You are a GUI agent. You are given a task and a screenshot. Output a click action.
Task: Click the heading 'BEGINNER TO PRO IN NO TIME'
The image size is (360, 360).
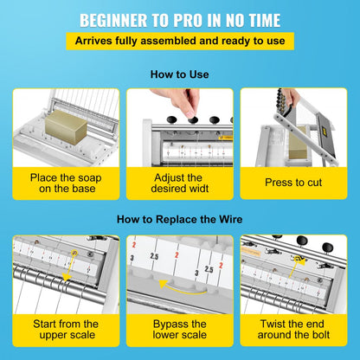tap(180, 21)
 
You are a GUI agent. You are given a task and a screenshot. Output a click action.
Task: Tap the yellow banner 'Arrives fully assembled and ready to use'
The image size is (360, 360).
tap(180, 41)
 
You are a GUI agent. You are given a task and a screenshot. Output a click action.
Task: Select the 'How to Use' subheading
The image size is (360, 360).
tap(179, 74)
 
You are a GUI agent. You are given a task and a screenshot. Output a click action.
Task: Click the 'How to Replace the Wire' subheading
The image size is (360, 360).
tap(179, 219)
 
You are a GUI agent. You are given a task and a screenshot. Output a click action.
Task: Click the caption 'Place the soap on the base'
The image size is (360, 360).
tap(66, 183)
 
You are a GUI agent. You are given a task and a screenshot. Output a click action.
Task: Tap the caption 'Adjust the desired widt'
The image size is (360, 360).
tap(179, 183)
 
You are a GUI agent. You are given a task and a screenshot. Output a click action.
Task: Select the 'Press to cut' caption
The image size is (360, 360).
tap(293, 183)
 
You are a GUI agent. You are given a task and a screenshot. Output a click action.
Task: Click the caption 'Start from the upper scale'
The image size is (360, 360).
tap(66, 329)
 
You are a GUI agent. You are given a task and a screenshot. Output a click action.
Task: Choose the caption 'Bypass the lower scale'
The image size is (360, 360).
tap(179, 329)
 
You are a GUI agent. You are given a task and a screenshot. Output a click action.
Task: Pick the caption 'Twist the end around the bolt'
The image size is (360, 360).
tap(293, 329)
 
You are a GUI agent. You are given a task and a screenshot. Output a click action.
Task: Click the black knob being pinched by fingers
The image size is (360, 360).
tap(192, 119)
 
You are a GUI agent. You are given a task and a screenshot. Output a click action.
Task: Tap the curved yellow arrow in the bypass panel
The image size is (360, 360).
tap(182, 288)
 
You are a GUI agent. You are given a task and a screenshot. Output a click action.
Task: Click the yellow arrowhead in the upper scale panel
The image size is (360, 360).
tap(67, 278)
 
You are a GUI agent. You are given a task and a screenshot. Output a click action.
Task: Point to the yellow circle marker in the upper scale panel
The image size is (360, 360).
tap(74, 253)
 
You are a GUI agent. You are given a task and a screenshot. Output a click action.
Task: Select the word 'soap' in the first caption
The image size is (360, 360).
tap(90, 178)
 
